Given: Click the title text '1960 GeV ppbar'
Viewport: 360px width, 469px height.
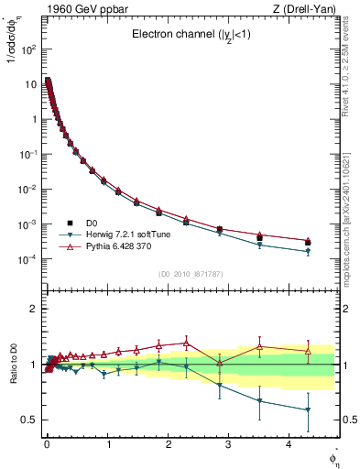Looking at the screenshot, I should click(76, 10).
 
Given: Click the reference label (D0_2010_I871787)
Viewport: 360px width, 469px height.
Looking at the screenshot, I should click(190, 274).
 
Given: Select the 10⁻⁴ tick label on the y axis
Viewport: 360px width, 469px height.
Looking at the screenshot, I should click(28, 259).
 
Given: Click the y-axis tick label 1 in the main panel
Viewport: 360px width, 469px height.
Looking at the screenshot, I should click(34, 119).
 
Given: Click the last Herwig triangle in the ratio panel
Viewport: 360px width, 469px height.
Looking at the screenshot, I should click(308, 410).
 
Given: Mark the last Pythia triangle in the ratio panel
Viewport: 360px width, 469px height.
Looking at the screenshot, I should click(308, 351).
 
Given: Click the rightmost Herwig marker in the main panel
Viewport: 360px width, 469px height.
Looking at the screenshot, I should click(308, 251).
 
